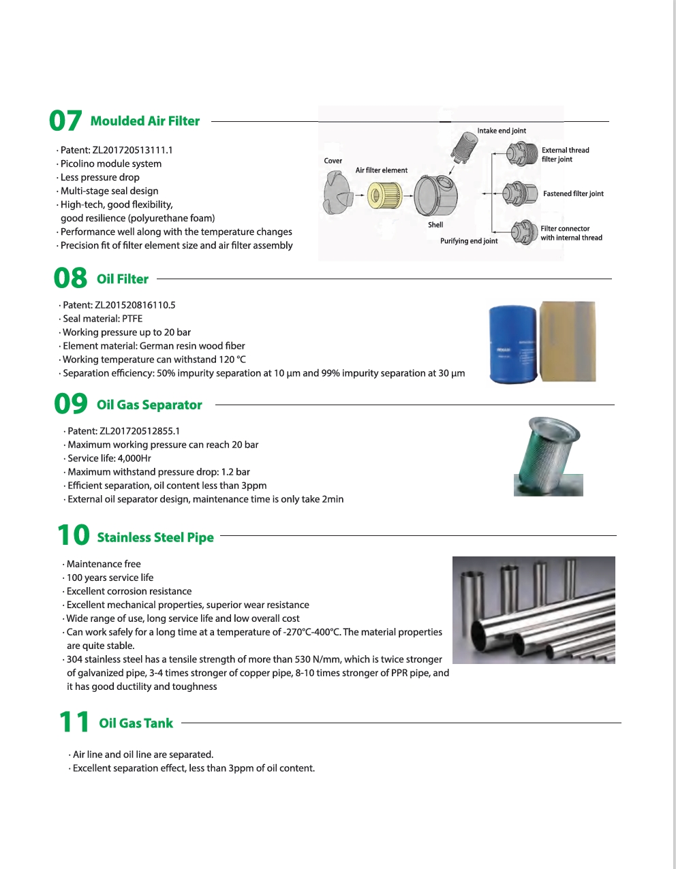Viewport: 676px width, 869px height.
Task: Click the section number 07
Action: point(65,121)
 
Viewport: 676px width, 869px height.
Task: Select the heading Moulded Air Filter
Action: point(144,121)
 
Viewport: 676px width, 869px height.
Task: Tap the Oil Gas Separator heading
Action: point(149,405)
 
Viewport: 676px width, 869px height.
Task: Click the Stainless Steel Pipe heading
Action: point(155,538)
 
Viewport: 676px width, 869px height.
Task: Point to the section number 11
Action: point(74,723)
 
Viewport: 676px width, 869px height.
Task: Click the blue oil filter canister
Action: point(513,343)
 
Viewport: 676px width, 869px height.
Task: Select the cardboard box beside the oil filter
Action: point(567,341)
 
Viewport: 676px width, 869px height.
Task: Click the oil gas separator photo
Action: point(548,456)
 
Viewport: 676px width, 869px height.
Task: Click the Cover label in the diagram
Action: point(333,161)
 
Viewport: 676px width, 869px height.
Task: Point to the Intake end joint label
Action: point(502,131)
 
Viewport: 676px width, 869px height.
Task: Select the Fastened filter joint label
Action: point(573,194)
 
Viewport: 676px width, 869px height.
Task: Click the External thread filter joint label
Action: point(565,155)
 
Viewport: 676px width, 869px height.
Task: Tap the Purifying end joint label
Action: point(469,241)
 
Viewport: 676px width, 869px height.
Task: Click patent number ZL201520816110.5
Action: point(119,305)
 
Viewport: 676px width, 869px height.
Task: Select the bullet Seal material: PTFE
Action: point(102,319)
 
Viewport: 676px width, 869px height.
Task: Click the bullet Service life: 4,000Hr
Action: point(109,458)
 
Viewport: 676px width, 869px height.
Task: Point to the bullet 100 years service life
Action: point(110,578)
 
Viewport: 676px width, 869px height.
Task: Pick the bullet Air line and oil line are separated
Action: point(142,755)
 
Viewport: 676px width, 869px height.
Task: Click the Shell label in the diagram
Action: point(435,225)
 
